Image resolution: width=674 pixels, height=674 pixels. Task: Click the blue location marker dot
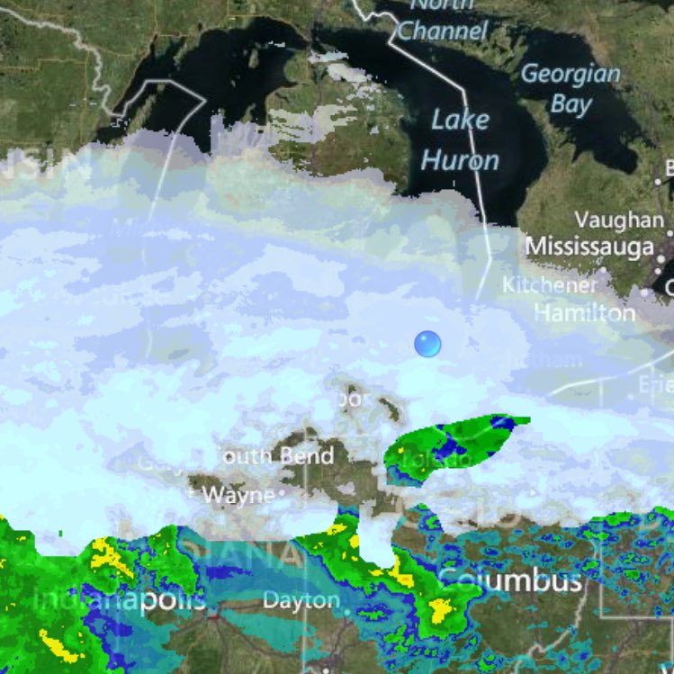click(427, 343)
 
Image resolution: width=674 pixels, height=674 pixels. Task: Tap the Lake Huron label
click(460, 139)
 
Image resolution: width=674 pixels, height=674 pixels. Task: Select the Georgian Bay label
click(571, 88)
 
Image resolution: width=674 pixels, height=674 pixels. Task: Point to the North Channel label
click(443, 20)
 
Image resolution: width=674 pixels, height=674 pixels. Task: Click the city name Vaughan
click(619, 220)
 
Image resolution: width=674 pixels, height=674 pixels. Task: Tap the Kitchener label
click(550, 284)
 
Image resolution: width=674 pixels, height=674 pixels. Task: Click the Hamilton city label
click(584, 312)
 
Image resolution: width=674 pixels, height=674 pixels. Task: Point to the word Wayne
click(238, 495)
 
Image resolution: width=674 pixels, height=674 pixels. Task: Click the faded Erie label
click(655, 384)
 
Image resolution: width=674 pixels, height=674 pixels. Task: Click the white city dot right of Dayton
click(347, 613)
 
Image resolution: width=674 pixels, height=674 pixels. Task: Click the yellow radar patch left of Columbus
click(440, 611)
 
